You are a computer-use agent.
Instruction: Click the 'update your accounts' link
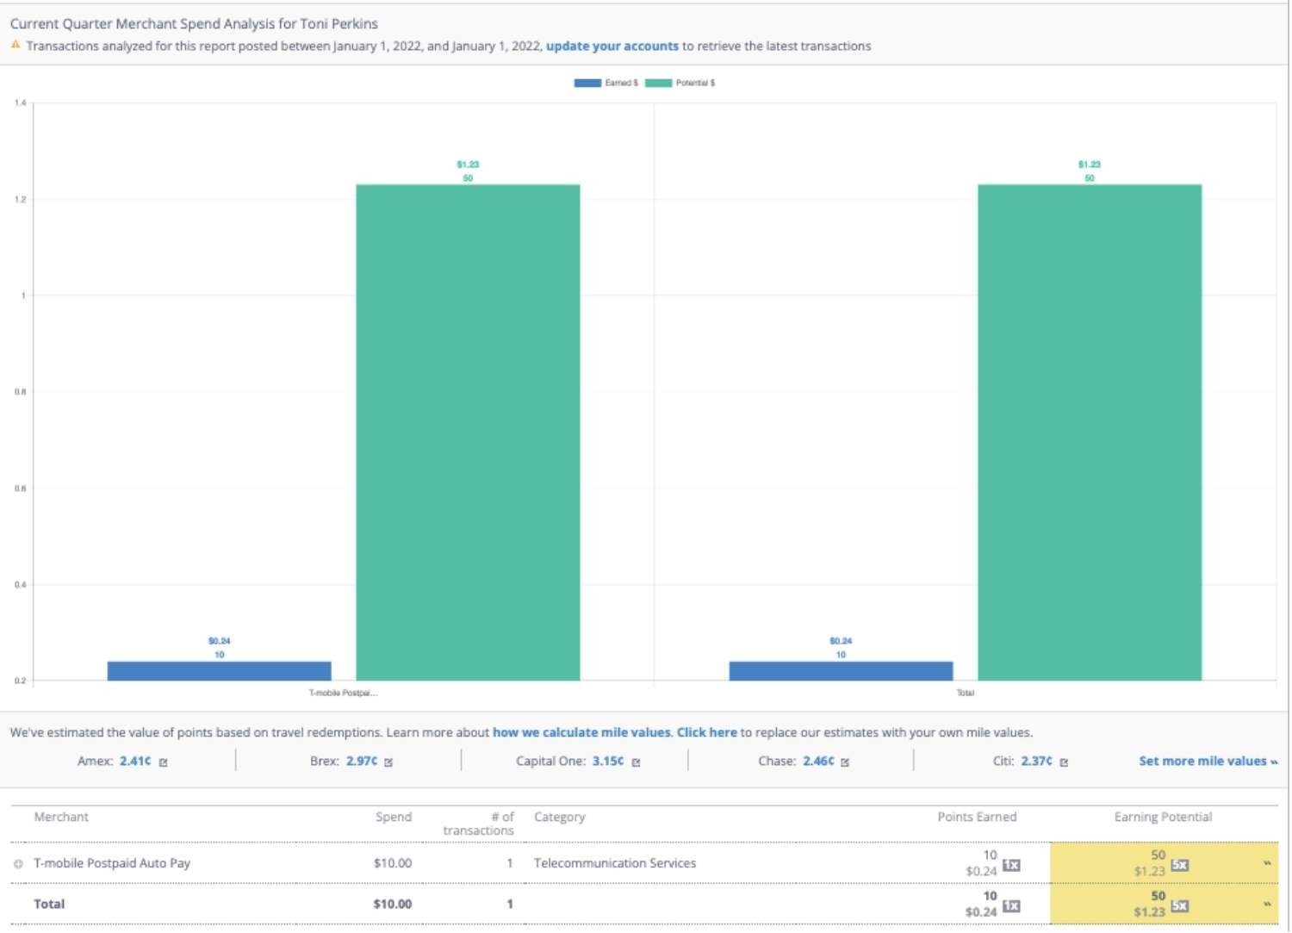pos(612,47)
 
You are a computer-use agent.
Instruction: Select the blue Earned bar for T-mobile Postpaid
pos(219,671)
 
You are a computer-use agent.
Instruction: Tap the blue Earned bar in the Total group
pos(841,671)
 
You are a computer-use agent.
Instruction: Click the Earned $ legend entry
pos(606,84)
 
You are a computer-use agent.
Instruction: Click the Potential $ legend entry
pos(680,84)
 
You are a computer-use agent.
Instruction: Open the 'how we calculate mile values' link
pos(581,732)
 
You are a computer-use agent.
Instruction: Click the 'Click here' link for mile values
pos(706,732)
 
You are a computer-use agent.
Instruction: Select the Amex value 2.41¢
pos(135,762)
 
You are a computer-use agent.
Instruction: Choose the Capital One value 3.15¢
pos(608,762)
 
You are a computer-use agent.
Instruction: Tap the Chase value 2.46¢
pos(818,762)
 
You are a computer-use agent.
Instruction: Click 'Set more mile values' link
pos(1207,762)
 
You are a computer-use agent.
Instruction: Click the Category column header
pos(559,817)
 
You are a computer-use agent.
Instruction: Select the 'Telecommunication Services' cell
pos(614,863)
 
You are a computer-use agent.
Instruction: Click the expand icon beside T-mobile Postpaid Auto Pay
pos(18,864)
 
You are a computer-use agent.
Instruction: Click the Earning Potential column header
pos(1163,817)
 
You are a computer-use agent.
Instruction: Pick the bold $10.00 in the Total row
pos(392,904)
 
